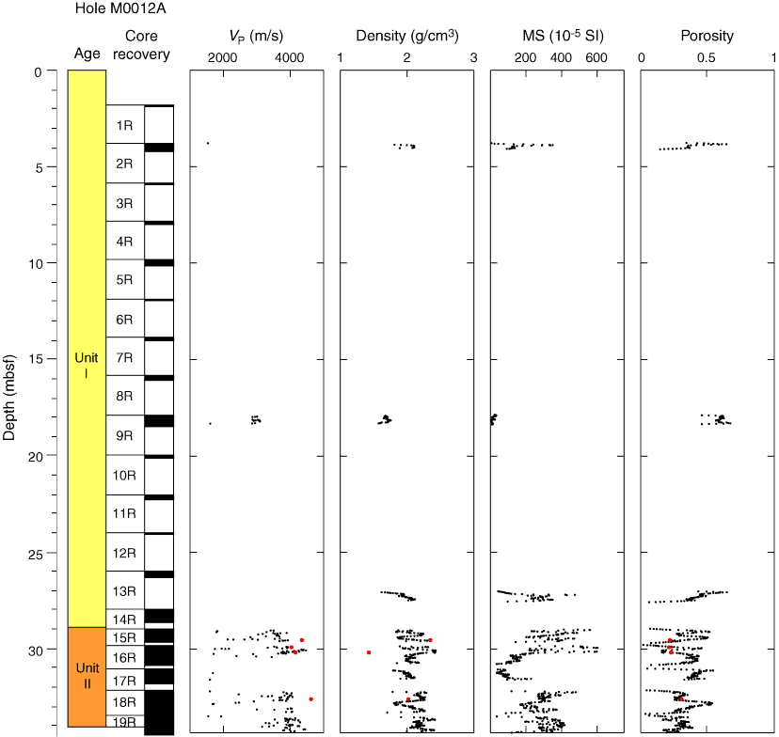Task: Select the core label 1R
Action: click(124, 124)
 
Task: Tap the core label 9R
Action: click(124, 436)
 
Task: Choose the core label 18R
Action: click(124, 702)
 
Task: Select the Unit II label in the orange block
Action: click(87, 676)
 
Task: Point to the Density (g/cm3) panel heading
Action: click(406, 37)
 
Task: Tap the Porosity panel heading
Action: click(707, 37)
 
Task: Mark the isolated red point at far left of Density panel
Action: click(369, 652)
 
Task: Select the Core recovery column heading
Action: click(147, 45)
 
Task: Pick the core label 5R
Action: click(124, 280)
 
